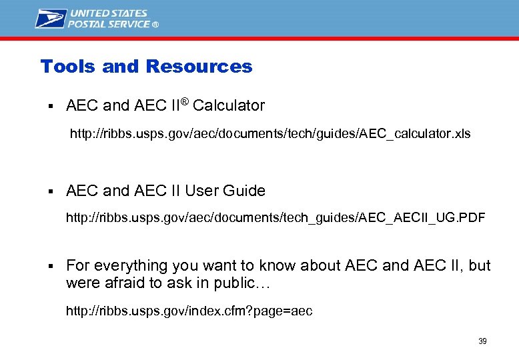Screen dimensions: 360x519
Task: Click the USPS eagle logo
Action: tap(51, 18)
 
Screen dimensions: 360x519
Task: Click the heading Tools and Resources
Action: tap(146, 67)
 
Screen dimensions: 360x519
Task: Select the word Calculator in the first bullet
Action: tap(229, 105)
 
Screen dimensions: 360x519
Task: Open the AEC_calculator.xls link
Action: tap(270, 134)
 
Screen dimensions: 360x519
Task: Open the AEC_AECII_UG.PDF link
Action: tap(276, 218)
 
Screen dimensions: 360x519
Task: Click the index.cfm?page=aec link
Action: tap(189, 311)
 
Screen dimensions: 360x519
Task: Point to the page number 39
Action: tap(482, 341)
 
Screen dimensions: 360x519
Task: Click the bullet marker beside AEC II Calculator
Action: tap(50, 106)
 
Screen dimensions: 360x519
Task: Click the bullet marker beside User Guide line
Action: tap(50, 191)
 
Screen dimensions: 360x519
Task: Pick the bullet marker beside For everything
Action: tap(50, 266)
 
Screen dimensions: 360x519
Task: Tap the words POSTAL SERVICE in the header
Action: tap(110, 24)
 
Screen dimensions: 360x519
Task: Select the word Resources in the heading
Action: tap(199, 67)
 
